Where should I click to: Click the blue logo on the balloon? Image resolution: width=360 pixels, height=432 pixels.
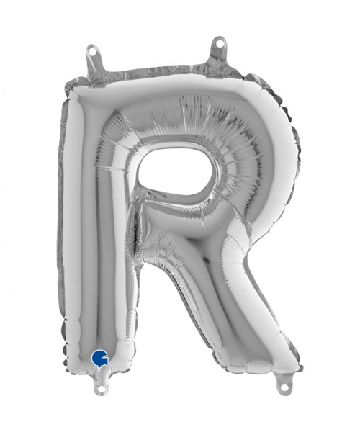[100, 357]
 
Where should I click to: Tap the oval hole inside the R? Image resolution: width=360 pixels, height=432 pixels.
[175, 172]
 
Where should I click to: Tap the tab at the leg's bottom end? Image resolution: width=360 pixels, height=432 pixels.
[284, 381]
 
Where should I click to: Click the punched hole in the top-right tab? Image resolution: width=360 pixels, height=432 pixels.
[220, 42]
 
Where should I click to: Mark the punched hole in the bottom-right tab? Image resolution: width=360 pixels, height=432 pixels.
[285, 387]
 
